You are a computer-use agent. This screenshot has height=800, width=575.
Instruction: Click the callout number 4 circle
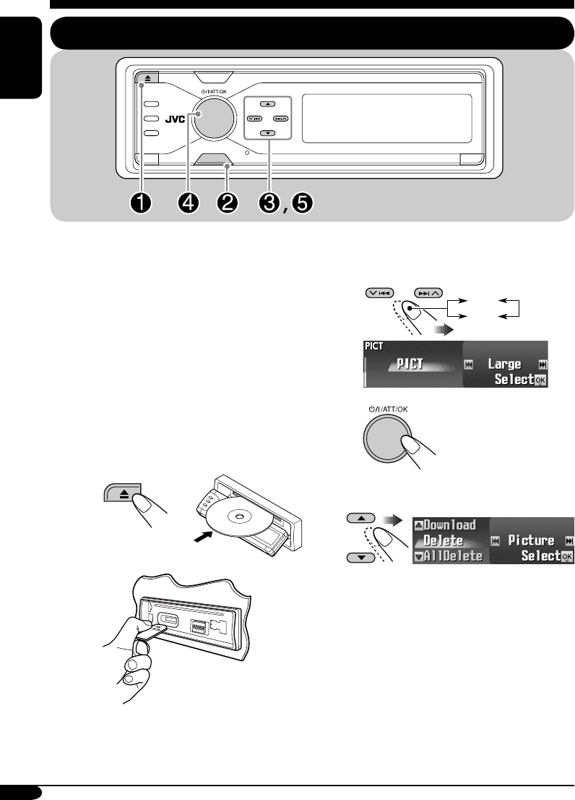coord(189,203)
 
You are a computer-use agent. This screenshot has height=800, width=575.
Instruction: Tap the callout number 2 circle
coord(228,203)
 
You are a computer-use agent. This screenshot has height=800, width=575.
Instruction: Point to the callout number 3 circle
coord(271,203)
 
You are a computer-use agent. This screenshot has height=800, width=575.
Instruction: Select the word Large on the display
coord(505,364)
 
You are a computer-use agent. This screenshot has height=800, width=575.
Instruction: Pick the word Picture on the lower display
coord(531,540)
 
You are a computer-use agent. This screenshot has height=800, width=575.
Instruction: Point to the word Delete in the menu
coord(443,540)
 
